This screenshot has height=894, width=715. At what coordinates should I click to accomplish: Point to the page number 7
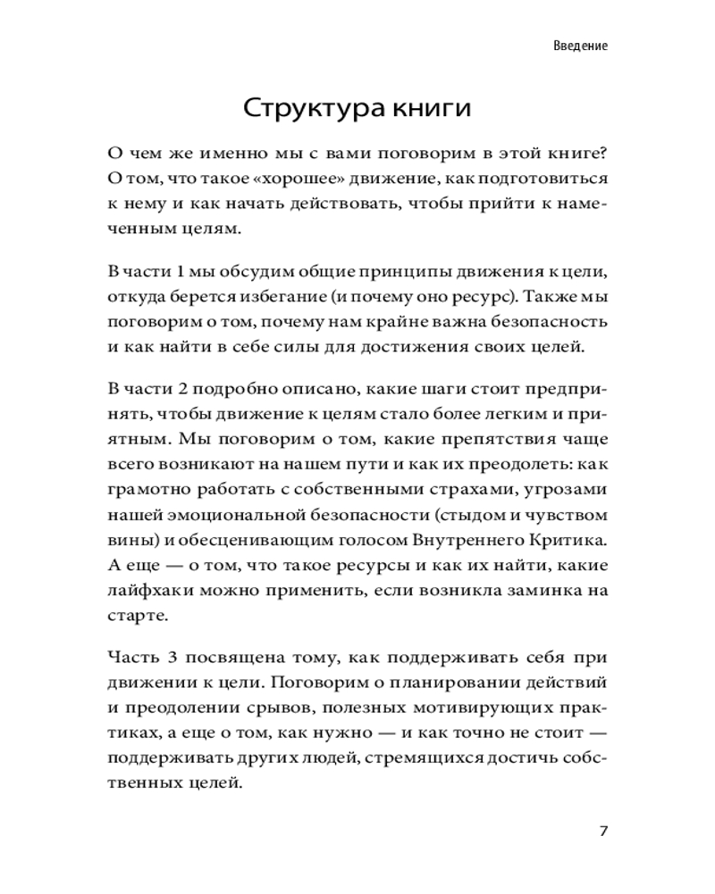point(603,831)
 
